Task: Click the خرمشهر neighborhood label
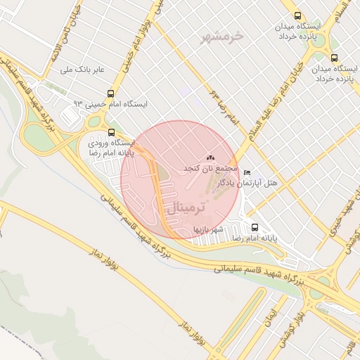221,35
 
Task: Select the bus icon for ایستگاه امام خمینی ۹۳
110,94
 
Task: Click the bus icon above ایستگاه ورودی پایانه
112,131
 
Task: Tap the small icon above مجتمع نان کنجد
211,158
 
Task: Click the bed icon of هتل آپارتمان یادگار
246,172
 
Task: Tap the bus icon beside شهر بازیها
255,228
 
